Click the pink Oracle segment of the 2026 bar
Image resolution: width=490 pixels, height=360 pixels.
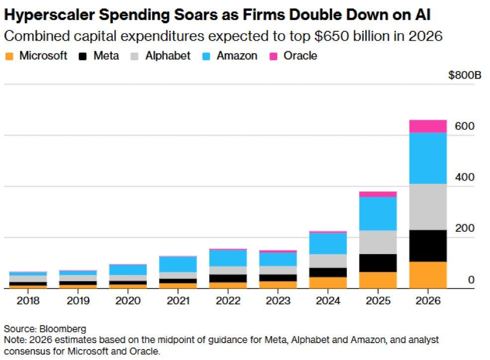(x=428, y=126)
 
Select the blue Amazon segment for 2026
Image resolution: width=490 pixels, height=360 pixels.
(x=428, y=158)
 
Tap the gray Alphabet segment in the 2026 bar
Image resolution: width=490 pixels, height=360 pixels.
(x=428, y=207)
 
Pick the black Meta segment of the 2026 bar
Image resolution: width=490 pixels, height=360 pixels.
(x=428, y=246)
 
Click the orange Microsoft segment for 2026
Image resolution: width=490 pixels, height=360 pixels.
(x=428, y=275)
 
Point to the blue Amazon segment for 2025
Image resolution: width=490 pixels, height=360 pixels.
(x=378, y=214)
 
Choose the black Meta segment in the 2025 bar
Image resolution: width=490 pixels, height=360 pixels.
(x=378, y=263)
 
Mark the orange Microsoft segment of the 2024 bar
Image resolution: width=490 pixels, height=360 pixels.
(x=328, y=283)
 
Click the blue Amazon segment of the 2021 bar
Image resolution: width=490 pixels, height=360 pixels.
(x=178, y=265)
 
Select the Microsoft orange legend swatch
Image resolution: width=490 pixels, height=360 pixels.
(x=9, y=56)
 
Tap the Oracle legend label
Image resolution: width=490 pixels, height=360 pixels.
(x=300, y=56)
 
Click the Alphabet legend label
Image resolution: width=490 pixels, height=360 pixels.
(x=168, y=56)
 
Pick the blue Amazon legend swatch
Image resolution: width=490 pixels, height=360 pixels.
(x=206, y=56)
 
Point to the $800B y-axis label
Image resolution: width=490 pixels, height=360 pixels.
(x=465, y=75)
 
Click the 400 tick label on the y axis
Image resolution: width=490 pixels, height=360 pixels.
(x=465, y=177)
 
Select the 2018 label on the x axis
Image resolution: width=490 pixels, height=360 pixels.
(x=28, y=300)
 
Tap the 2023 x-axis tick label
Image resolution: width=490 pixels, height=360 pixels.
(x=278, y=300)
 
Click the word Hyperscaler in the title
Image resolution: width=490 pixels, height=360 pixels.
(x=49, y=15)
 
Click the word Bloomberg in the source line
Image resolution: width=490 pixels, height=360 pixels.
(x=63, y=329)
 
